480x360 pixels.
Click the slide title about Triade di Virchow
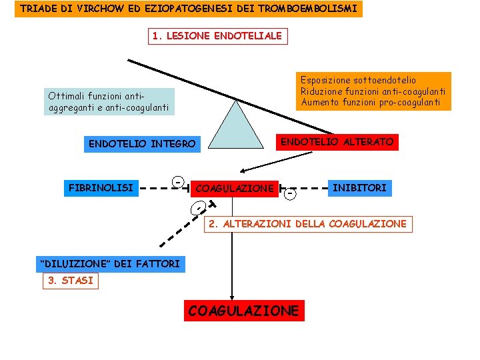[189, 9]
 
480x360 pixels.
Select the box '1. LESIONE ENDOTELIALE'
[217, 36]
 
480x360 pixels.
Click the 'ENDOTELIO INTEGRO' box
[142, 143]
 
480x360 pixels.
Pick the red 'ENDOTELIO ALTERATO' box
[337, 142]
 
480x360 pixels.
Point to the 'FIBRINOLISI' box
[101, 187]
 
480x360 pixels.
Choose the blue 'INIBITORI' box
[359, 188]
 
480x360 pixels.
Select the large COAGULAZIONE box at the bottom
[244, 311]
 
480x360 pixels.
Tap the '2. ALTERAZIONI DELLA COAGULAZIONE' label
[307, 224]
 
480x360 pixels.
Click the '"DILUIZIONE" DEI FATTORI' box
[111, 263]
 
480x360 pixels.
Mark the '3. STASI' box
[69, 281]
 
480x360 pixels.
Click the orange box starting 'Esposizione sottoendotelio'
[373, 91]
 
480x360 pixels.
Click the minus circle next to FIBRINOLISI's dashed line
[179, 182]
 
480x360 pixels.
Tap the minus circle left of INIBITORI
[289, 194]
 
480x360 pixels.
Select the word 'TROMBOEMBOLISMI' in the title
[313, 9]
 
